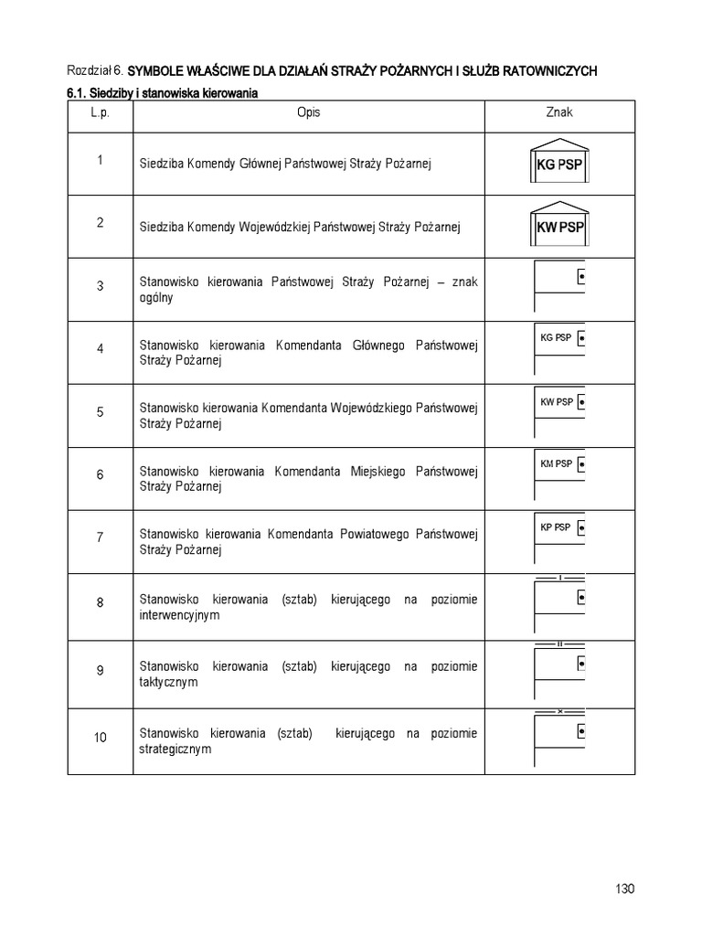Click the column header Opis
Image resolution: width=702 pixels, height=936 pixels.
coord(308,112)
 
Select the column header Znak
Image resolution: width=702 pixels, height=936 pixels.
coord(559,112)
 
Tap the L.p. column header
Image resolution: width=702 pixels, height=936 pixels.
coord(100,112)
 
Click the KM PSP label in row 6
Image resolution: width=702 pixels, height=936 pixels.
coord(556,463)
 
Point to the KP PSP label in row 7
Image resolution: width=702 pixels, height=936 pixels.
coord(555,527)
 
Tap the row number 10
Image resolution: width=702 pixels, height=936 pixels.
coord(101,737)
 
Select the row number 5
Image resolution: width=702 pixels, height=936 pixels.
coord(101,411)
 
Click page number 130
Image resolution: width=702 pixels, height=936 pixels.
coord(625,888)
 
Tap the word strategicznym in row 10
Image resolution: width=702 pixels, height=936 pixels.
coord(175,749)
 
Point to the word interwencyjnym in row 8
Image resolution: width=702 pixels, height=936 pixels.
coord(179,615)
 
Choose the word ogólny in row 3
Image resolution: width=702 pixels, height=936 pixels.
coord(156,298)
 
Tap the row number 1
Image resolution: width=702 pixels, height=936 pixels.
coord(101,160)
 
